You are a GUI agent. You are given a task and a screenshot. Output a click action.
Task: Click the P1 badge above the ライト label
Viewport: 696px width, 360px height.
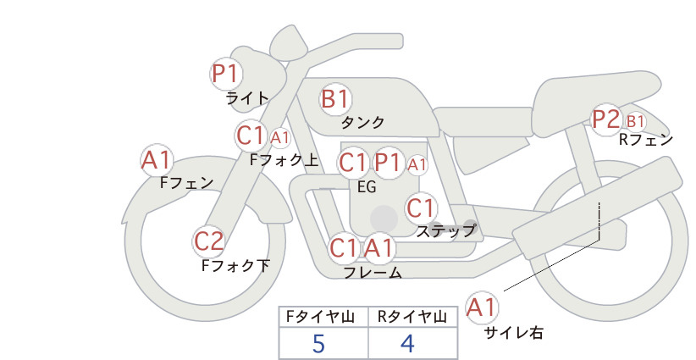tap(226, 74)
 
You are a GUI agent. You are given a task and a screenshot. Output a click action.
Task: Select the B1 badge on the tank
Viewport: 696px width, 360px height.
tap(335, 98)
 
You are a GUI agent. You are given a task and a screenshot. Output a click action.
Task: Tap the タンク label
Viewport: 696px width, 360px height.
tap(362, 122)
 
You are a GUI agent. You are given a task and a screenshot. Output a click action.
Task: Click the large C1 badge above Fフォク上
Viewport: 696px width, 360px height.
tap(251, 136)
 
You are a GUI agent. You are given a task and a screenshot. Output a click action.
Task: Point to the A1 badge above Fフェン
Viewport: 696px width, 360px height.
tap(157, 160)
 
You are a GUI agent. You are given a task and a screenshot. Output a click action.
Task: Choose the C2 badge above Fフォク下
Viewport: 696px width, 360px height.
tap(209, 241)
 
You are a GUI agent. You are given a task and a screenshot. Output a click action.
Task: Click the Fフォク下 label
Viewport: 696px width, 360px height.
tap(235, 265)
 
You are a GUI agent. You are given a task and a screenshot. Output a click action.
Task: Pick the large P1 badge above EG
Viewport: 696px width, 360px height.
tap(389, 163)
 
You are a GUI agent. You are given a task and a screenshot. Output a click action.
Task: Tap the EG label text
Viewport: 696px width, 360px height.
tap(367, 187)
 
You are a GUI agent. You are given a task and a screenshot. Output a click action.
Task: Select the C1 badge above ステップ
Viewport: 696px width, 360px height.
tap(421, 208)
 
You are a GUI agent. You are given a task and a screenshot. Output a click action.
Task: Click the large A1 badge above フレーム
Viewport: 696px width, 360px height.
tap(379, 247)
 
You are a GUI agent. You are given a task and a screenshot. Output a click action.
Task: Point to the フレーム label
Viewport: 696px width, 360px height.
tap(373, 273)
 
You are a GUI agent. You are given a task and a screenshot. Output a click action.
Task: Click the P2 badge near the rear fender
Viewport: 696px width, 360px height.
tap(606, 119)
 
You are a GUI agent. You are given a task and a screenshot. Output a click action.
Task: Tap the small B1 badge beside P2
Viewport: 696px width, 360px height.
tap(635, 121)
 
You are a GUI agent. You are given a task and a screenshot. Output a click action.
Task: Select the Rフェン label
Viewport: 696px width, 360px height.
tap(646, 141)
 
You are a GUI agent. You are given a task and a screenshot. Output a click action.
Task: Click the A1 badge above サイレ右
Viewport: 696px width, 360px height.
tap(482, 307)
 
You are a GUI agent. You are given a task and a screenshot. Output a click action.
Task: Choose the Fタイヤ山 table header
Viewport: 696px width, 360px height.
tap(320, 317)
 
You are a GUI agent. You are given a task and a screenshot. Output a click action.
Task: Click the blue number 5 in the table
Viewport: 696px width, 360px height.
tap(318, 344)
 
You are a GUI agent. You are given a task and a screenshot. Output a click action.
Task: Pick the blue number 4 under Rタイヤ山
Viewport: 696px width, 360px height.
tap(407, 344)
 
